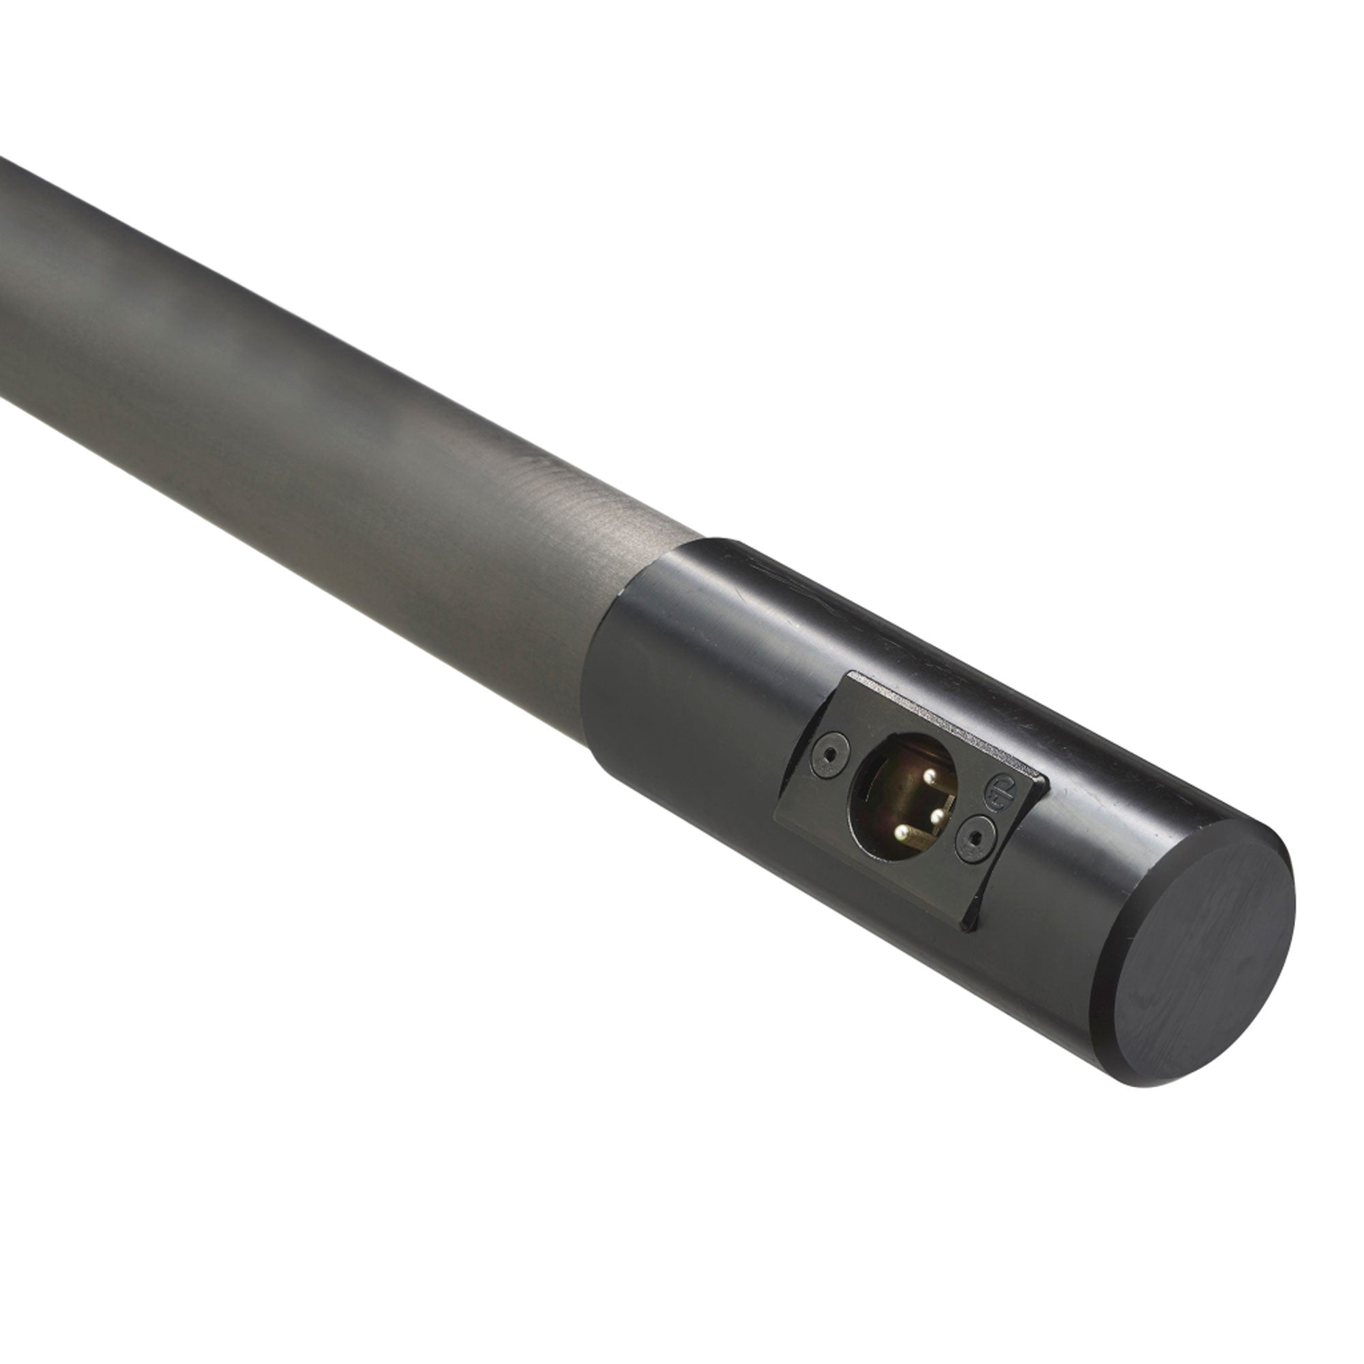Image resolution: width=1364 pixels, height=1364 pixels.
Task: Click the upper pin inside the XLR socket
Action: tap(928, 777)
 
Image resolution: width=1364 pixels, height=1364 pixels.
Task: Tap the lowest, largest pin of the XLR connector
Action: tap(900, 833)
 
